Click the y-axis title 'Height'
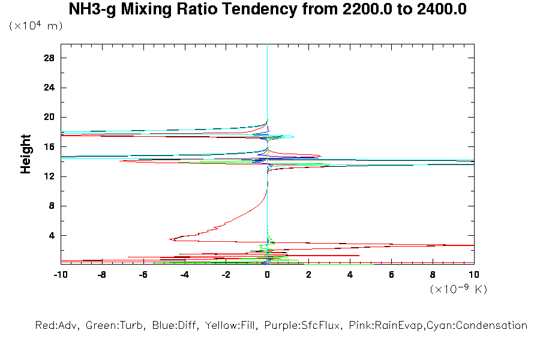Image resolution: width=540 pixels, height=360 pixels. pos(26,154)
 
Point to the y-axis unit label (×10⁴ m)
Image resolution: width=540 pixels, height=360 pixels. pos(35,26)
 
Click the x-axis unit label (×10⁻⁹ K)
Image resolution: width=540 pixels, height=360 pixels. pos(458,290)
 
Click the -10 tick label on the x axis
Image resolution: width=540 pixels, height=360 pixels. pos(60,275)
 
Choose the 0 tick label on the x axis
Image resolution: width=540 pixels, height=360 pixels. pos(267,275)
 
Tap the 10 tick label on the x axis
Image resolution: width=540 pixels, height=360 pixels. pos(473,275)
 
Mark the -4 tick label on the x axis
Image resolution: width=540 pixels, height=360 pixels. pos(184,275)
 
